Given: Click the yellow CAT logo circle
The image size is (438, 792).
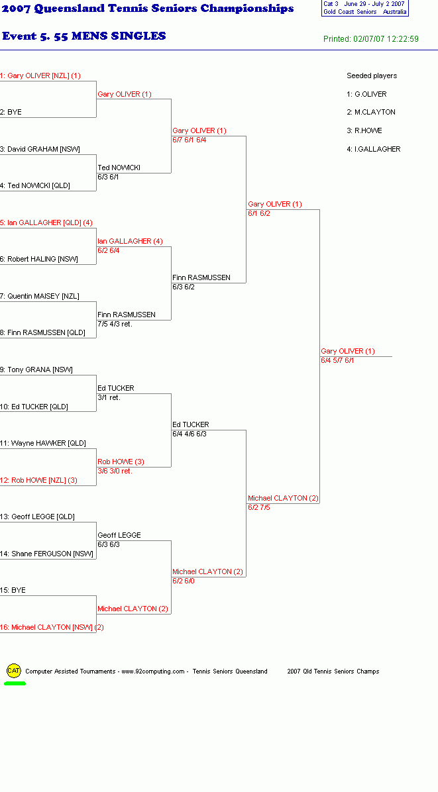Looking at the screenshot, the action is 14,671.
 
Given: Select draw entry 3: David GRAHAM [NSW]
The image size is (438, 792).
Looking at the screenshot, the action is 40,149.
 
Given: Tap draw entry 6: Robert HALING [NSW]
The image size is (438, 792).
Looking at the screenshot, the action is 39,259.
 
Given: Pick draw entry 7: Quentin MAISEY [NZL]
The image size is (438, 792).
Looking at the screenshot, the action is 39,296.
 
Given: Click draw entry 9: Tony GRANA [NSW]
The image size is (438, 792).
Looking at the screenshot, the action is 36,370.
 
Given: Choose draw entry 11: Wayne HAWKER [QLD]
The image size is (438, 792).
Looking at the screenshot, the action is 43,443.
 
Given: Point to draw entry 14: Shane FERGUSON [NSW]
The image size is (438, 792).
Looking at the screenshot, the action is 46,554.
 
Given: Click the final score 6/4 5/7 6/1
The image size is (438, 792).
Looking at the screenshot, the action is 337,361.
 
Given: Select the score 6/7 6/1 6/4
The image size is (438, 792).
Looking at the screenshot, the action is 190,140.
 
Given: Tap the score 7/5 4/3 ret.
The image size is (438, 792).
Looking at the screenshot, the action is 115,324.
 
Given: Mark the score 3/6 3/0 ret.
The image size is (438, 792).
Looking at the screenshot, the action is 115,471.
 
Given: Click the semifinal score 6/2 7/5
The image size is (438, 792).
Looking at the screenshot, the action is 258,507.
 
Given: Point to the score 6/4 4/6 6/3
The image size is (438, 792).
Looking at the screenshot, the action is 190,434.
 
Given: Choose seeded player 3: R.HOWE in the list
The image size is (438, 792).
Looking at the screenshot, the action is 364,130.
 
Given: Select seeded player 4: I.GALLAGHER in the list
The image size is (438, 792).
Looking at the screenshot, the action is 373,149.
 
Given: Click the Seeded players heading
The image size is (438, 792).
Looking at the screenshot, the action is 372,75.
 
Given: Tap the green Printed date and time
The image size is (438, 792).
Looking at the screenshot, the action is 371,39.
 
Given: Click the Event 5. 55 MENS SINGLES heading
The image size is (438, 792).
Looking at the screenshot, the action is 84,36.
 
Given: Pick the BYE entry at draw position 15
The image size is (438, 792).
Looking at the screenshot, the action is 13,590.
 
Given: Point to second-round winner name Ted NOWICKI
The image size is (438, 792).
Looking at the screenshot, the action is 119,168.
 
